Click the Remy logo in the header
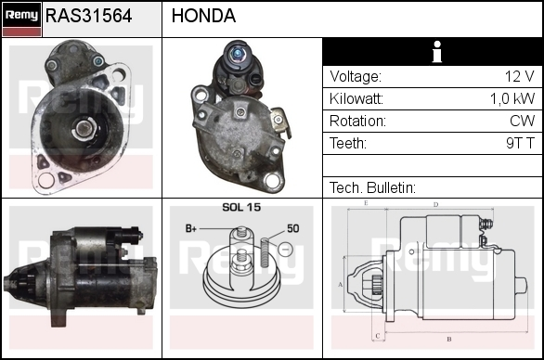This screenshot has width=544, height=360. pyautogui.click(x=21, y=19)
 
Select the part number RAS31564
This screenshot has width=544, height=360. pyautogui.click(x=89, y=16)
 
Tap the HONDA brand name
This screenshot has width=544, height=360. pyautogui.click(x=203, y=16)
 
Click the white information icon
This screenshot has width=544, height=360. pyautogui.click(x=437, y=52)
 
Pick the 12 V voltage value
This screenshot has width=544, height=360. pyautogui.click(x=519, y=76)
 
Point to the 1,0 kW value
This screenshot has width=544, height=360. pyautogui.click(x=512, y=99)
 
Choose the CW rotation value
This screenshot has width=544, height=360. pyautogui.click(x=522, y=121)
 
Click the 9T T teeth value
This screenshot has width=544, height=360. pyautogui.click(x=520, y=143)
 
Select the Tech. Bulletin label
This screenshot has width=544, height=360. pyautogui.click(x=372, y=188)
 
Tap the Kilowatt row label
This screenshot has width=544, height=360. pyautogui.click(x=356, y=99)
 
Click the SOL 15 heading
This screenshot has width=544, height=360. pyautogui.click(x=241, y=207)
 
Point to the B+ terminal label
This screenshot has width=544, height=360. pyautogui.click(x=191, y=228)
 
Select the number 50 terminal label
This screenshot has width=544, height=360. pyautogui.click(x=292, y=228)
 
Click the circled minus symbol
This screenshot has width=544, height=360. pyautogui.click(x=285, y=249)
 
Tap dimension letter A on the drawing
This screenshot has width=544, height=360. pyautogui.click(x=341, y=285)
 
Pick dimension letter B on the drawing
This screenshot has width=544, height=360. pyautogui.click(x=449, y=340)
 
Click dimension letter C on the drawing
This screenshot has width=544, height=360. pyautogui.click(x=378, y=336)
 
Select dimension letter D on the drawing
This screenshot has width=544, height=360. pyautogui.click(x=435, y=205)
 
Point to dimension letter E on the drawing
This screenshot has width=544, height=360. pyautogui.click(x=366, y=203)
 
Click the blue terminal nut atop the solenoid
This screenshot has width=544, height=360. pyautogui.click(x=238, y=54)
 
